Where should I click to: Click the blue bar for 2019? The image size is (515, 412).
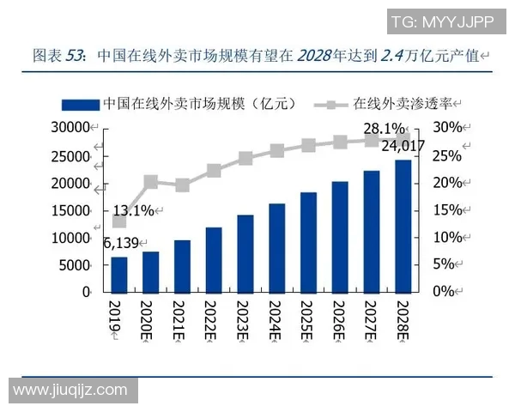[118, 274]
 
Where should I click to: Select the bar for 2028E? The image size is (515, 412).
[403, 226]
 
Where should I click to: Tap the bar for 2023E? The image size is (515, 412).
[245, 253]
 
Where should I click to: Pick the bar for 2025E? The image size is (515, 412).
[308, 241]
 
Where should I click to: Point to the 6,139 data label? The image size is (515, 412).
[123, 244]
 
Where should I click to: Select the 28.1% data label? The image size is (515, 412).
[385, 129]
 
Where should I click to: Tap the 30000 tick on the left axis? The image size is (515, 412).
[72, 128]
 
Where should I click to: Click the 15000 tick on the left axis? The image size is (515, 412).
[72, 210]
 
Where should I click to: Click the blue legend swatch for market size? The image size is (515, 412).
[79, 104]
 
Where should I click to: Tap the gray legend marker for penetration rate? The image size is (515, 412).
[324, 104]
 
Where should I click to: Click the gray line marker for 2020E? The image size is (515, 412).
[150, 181]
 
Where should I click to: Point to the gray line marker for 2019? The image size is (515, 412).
[118, 221]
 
